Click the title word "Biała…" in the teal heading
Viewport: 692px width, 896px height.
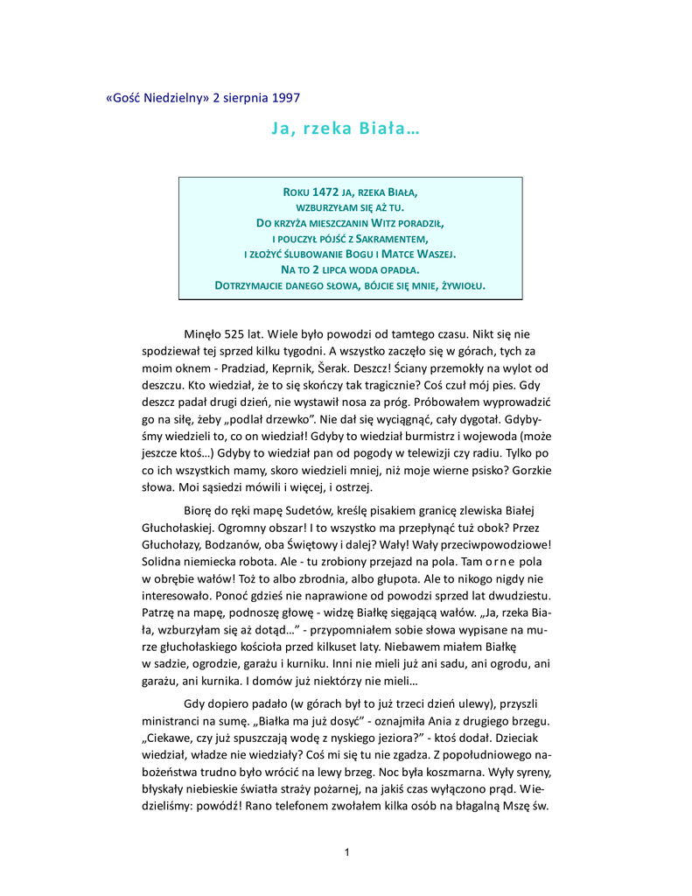coord(390,129)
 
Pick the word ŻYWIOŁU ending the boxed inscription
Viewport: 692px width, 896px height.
coord(461,286)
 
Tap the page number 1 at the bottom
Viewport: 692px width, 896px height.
coord(346,852)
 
